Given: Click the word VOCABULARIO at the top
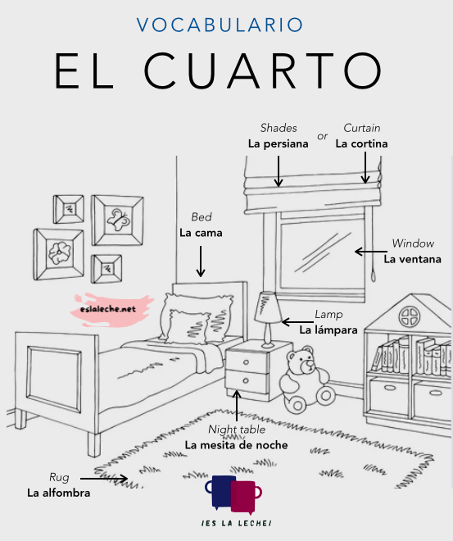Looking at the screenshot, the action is [220, 25].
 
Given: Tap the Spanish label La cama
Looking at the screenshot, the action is [201, 233].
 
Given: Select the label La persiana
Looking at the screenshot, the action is [279, 144].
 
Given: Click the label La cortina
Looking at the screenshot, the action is [361, 143].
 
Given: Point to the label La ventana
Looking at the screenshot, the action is [413, 259].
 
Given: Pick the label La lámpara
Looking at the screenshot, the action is [328, 330].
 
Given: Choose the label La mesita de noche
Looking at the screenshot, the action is [236, 445].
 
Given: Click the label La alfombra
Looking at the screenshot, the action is [59, 493].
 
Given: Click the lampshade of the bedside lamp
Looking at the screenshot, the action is [268, 307].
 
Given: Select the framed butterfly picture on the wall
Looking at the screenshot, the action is [118, 220].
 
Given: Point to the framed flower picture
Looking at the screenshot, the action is [59, 254].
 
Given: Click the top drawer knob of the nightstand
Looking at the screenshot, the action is [246, 362].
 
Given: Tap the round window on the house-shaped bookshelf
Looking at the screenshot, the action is [410, 316].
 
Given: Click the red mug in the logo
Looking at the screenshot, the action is [243, 496].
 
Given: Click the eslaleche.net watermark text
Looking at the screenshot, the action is [108, 309].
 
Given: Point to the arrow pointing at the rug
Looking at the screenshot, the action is [104, 479].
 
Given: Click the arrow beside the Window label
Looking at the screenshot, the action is [371, 252].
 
